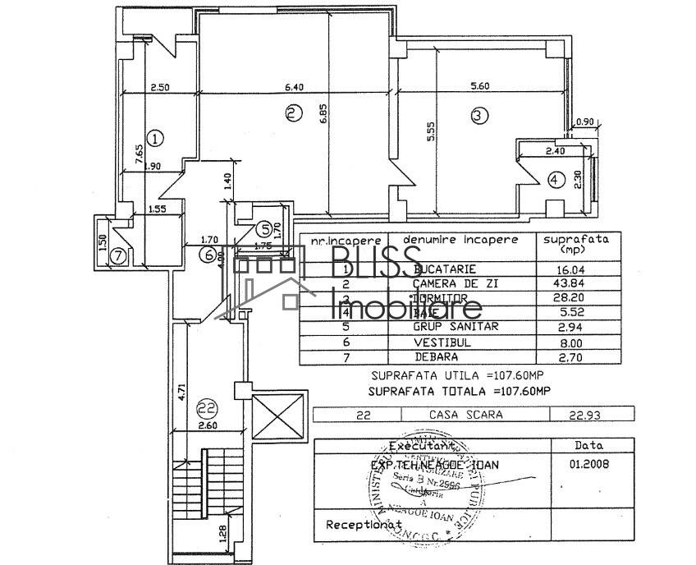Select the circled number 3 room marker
(x=479, y=116)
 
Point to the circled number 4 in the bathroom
(x=556, y=178)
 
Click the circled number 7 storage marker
(x=118, y=255)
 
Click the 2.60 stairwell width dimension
(x=207, y=425)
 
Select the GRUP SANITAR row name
(x=456, y=326)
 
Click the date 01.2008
(x=581, y=464)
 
